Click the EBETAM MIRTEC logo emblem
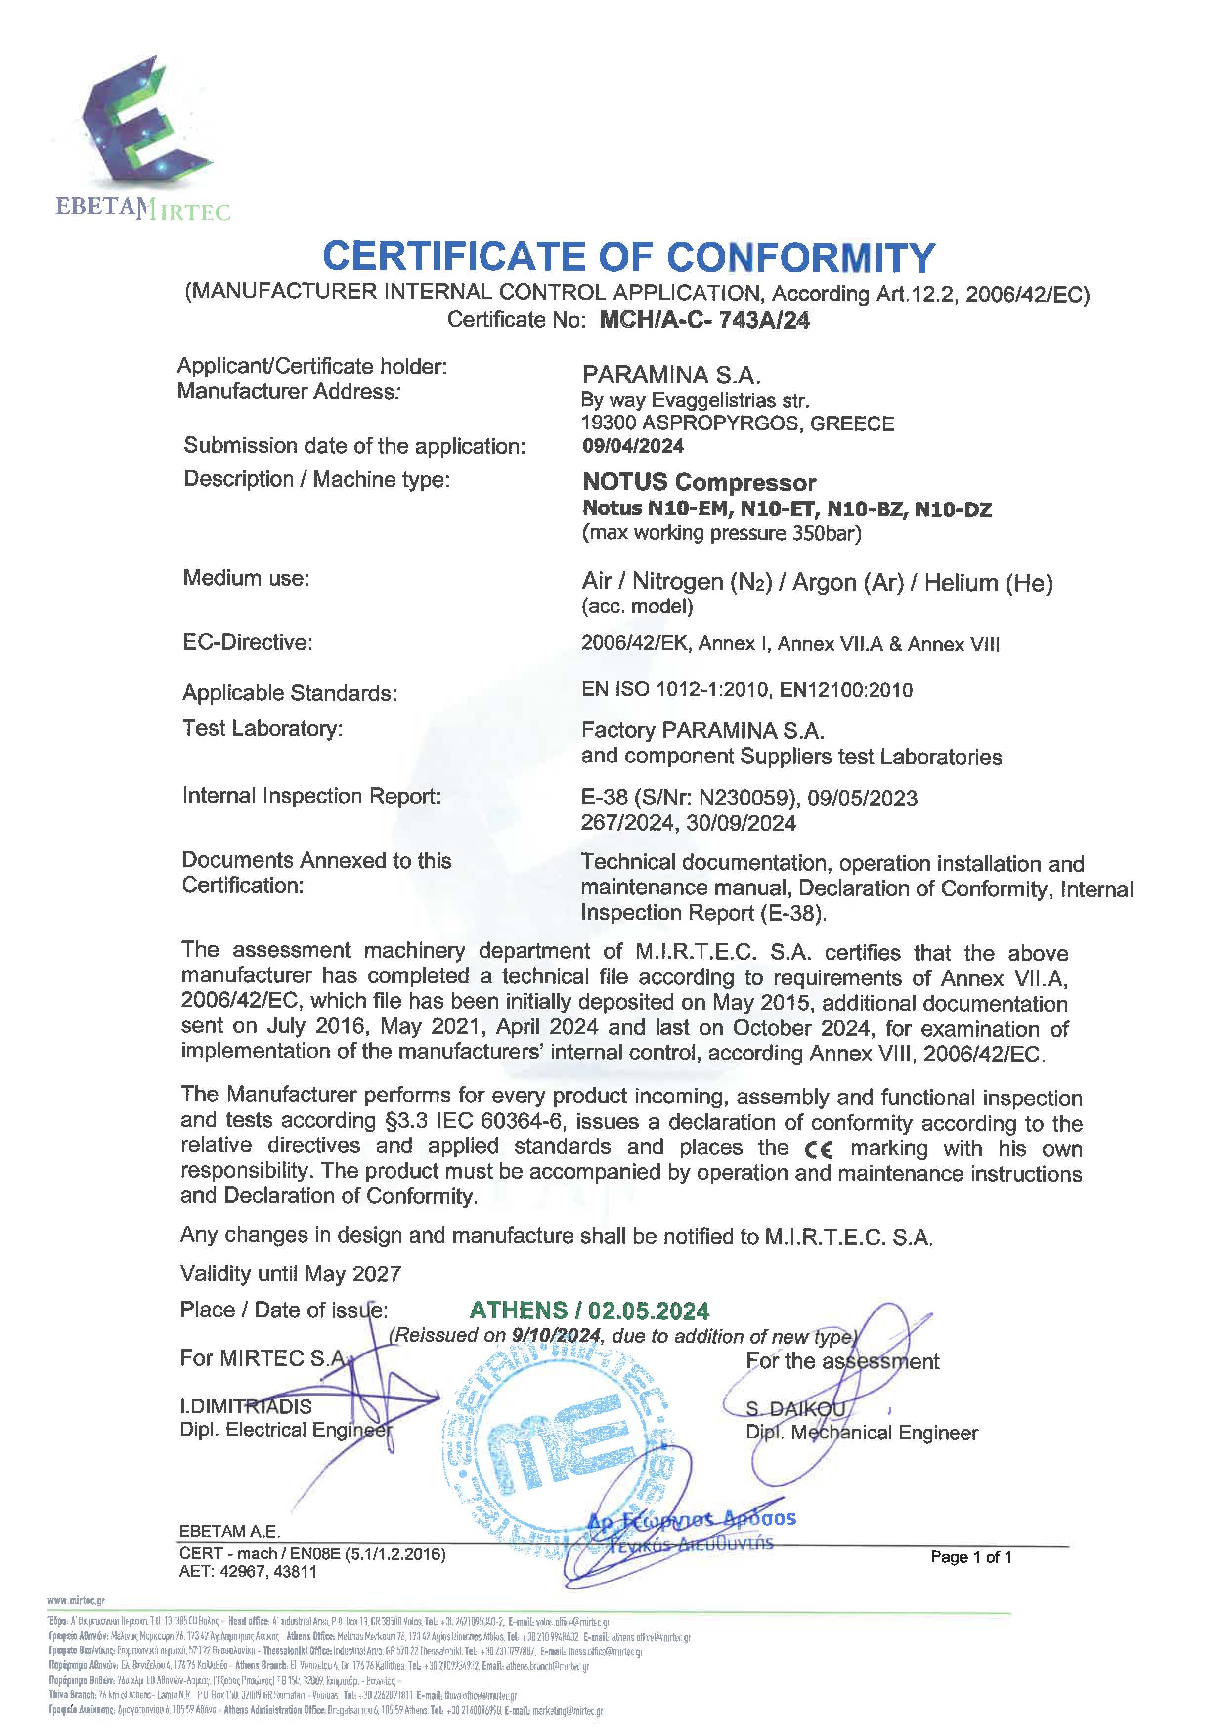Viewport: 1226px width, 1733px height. pyautogui.click(x=136, y=121)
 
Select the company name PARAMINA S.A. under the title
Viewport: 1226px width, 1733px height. pyautogui.click(x=670, y=375)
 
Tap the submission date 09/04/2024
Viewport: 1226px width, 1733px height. pyautogui.click(x=633, y=446)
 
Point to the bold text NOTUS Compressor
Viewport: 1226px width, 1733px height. pyautogui.click(x=699, y=482)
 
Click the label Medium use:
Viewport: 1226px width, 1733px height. pyautogui.click(x=246, y=578)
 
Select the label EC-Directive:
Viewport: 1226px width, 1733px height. pyautogui.click(x=248, y=642)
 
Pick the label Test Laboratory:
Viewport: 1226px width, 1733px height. pyautogui.click(x=263, y=728)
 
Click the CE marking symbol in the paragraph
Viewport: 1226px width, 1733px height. pyautogui.click(x=818, y=1149)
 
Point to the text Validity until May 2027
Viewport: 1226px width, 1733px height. pyautogui.click(x=291, y=1274)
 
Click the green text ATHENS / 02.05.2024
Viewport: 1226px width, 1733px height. pyautogui.click(x=590, y=1310)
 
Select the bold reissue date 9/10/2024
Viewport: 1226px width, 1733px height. pyautogui.click(x=556, y=1335)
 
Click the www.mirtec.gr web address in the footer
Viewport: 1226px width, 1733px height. pyautogui.click(x=76, y=1600)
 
